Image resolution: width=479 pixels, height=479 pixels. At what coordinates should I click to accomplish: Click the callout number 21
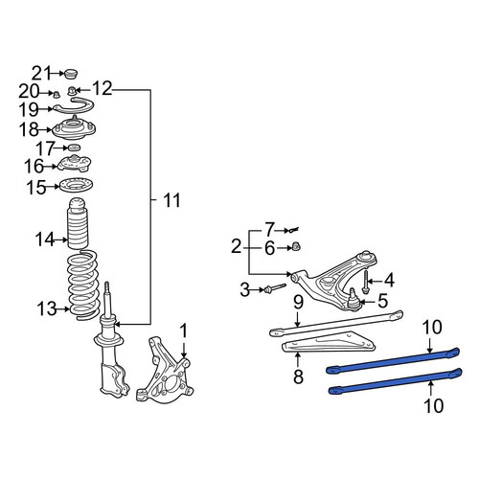tap(41, 74)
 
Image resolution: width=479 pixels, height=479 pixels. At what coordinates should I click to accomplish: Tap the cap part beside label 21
tap(71, 74)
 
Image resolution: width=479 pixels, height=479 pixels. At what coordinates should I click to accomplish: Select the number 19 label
tap(29, 109)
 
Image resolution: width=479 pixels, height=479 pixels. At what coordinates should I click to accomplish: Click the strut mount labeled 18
tap(74, 128)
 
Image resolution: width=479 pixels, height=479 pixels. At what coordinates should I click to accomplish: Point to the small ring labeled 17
tap(74, 148)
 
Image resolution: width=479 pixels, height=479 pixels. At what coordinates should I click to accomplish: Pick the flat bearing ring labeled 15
tap(77, 186)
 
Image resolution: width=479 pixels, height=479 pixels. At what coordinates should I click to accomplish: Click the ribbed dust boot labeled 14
tap(78, 223)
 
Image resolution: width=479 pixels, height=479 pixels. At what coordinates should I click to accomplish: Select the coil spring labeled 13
tap(82, 285)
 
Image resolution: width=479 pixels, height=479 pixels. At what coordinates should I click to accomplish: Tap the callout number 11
tap(171, 200)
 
